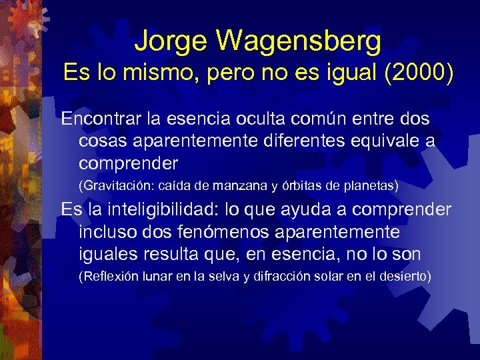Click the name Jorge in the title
click(170, 41)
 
